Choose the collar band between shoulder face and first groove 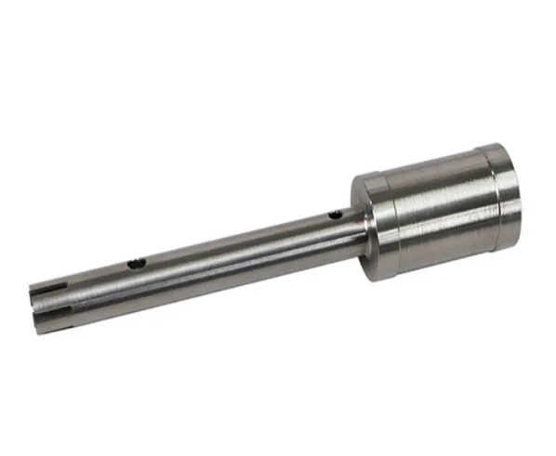click(x=373, y=228)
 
